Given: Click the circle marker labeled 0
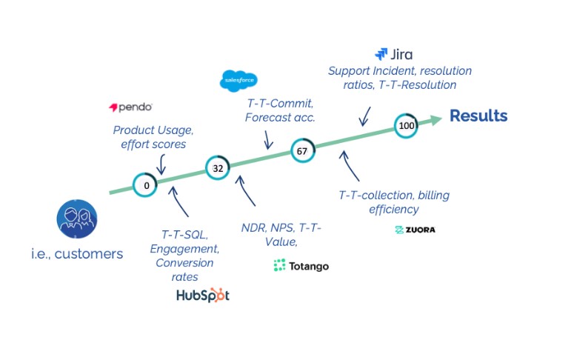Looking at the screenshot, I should tap(146, 184).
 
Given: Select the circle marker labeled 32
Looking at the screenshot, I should tap(218, 168).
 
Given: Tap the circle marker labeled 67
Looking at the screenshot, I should tap(302, 150).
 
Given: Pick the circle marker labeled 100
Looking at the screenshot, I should tap(406, 126).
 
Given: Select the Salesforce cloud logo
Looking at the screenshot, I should tap(238, 81).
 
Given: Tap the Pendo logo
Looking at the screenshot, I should tap(130, 107).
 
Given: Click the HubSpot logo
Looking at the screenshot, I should tap(202, 295).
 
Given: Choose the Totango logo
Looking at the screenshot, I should tap(300, 265).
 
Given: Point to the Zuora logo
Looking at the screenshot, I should tap(415, 230).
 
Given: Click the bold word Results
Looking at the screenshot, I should tap(478, 116).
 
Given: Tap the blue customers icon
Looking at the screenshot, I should tap(77, 220).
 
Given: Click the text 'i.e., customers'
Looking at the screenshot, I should tap(77, 254).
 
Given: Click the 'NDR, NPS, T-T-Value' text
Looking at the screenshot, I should tap(281, 234).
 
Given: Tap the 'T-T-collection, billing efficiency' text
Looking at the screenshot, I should tap(394, 202).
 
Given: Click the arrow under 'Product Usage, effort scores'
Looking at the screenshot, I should tap(161, 165).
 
